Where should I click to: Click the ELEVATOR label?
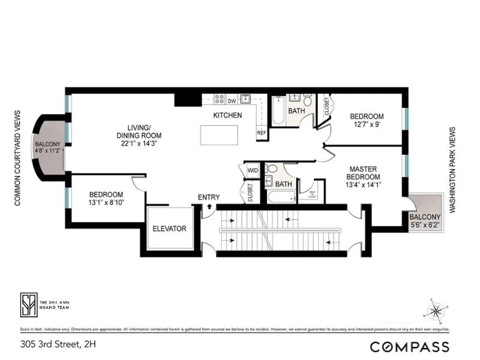(x=169, y=229)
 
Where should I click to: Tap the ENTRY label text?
(x=209, y=197)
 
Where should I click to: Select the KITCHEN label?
(x=228, y=115)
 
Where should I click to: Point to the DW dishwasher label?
(x=232, y=101)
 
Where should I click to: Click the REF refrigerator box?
(x=262, y=133)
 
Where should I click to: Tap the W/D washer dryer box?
(x=253, y=170)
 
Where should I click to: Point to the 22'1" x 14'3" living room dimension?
(x=143, y=143)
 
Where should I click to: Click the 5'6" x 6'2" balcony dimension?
(x=425, y=225)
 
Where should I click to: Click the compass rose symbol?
(x=437, y=311)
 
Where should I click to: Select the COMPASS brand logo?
(x=409, y=346)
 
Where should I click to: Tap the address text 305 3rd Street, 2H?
(x=58, y=344)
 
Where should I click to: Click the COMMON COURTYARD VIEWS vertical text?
(x=17, y=158)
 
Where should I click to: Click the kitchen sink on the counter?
(x=245, y=99)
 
